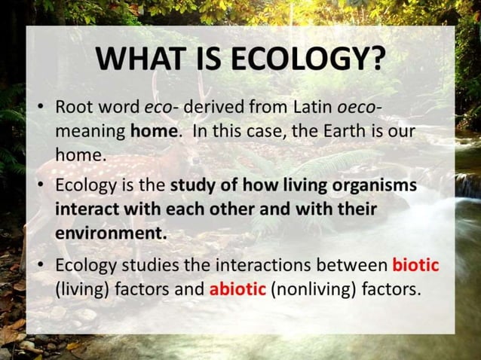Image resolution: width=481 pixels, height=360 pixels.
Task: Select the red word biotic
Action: [415, 265]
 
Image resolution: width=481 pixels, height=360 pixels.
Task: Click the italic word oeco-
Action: [360, 107]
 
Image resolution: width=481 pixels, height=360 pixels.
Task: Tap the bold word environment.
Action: [110, 233]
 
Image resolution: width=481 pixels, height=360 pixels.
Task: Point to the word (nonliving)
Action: [310, 288]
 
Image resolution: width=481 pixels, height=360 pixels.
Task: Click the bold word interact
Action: [86, 209]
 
